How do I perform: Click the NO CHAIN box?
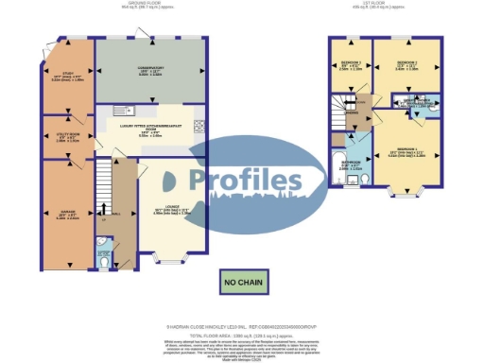pos(242,282)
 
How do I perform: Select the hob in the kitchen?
pos(199,127)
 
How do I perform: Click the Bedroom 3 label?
pos(351,65)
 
